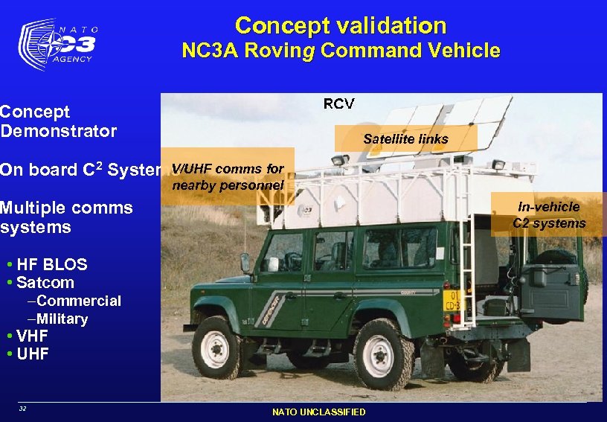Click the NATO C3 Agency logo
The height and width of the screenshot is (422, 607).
point(57,44)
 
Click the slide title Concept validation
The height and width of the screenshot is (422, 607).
point(341,25)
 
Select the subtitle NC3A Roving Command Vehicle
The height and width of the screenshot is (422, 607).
point(341,51)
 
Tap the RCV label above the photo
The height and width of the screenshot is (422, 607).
point(338,103)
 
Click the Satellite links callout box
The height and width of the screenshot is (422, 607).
point(405,138)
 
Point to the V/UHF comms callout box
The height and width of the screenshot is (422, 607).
point(228,177)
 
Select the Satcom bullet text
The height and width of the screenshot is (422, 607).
point(45,283)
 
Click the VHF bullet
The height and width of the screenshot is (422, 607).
point(32,336)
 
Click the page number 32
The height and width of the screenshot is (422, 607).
point(22,409)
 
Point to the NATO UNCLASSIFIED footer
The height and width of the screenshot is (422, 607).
point(318,412)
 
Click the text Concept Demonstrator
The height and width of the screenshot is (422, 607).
point(58,121)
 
